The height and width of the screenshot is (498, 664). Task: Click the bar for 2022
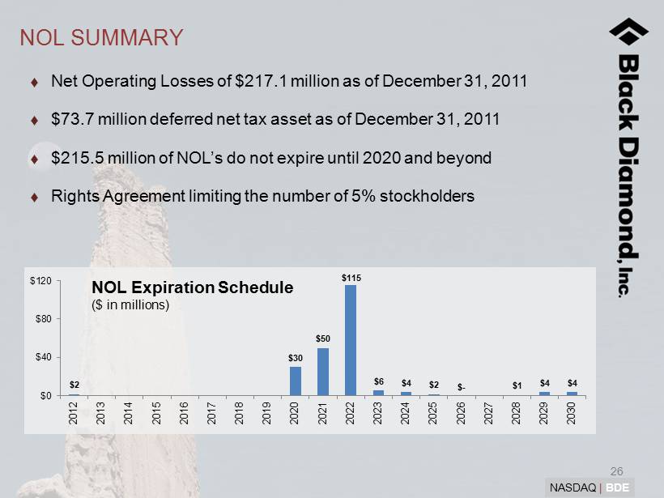(350, 340)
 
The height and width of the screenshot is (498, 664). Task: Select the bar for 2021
(322, 371)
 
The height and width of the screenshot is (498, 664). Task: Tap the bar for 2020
(295, 381)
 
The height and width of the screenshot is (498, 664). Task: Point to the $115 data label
(351, 278)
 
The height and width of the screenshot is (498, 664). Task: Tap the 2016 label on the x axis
(184, 415)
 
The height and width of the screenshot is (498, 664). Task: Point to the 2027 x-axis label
(488, 415)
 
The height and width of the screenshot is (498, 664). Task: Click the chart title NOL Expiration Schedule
(192, 287)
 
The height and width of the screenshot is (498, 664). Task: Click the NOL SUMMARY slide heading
(101, 37)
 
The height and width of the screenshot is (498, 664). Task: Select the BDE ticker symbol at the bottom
(619, 487)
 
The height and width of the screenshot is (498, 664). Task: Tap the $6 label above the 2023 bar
(378, 381)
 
